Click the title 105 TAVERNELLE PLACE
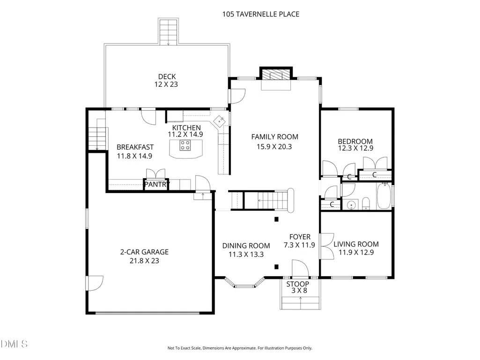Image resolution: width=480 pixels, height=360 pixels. click(261, 14)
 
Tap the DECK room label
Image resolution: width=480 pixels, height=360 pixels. click(167, 76)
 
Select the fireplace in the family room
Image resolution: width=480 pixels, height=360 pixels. click(276, 75)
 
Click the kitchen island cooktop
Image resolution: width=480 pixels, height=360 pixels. click(185, 145)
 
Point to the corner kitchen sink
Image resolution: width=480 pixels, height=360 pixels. click(220, 121)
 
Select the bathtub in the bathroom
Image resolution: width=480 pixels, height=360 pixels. click(384, 196)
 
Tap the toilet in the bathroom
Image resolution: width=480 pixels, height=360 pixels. click(366, 203)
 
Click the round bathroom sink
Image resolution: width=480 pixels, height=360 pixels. click(352, 204)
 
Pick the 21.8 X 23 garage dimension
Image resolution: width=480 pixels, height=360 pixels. click(144, 261)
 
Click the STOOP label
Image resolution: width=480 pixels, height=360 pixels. click(297, 284)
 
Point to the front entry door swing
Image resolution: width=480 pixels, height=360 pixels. click(300, 269)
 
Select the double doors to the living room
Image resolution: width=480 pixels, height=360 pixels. click(326, 247)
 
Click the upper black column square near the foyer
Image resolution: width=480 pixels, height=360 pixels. click(276, 219)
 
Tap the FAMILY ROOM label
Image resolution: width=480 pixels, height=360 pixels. click(274, 137)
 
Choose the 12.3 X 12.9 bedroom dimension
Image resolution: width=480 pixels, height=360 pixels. click(355, 148)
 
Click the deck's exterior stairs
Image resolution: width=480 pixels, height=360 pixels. click(168, 31)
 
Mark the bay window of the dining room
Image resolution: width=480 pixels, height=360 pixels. click(244, 283)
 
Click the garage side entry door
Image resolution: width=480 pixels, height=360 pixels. click(95, 283)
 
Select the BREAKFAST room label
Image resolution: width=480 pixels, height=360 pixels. click(135, 147)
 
